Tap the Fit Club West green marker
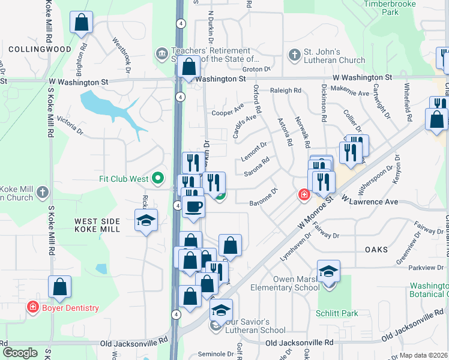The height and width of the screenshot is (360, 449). tap(158, 178)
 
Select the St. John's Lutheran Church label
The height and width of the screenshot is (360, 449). tap(334, 56)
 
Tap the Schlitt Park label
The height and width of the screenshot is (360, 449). tap(336, 313)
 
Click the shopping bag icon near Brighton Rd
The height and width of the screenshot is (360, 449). tap(81, 23)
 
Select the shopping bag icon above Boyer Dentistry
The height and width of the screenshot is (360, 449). tap(59, 287)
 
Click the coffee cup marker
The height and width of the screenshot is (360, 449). tap(193, 208)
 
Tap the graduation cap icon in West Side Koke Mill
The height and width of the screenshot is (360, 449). tap(146, 221)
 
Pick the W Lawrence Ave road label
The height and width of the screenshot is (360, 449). tap(369, 201)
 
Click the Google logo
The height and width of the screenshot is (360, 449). tap(20, 353)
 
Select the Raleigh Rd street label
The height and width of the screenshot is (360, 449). tap(285, 90)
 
